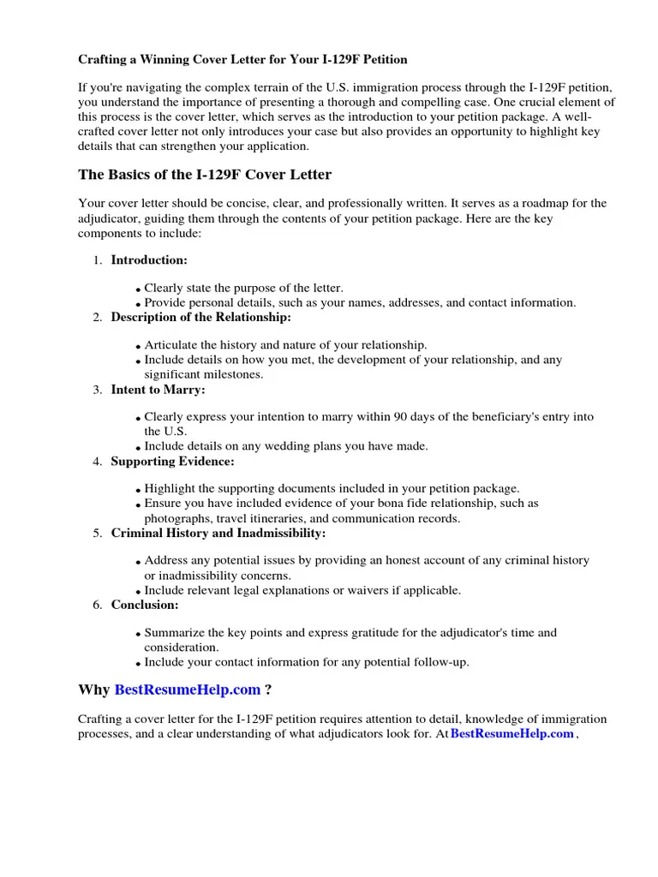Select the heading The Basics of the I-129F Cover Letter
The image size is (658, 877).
[205, 175]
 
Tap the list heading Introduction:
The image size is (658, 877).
[149, 260]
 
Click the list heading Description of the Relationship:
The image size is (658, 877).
[200, 317]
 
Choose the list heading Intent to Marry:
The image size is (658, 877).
[158, 390]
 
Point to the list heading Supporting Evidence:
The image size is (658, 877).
[172, 462]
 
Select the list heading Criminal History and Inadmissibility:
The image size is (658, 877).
[218, 533]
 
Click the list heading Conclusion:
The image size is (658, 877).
[145, 605]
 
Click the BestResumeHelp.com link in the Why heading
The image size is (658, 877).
[187, 690]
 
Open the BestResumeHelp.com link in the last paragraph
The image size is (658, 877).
[511, 734]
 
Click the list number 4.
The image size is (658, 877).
[98, 462]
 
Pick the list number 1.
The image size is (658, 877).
[98, 260]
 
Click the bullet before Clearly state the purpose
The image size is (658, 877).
[138, 290]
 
